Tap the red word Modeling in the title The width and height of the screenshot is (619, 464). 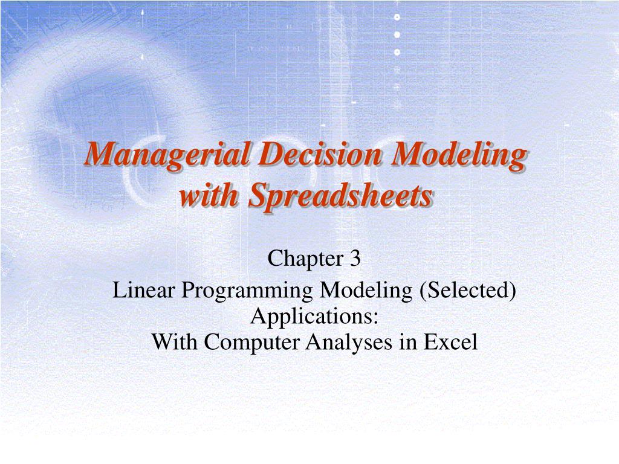[x=458, y=155]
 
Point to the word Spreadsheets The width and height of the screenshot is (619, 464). [x=341, y=196]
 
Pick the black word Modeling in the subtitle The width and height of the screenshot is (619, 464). [x=366, y=291]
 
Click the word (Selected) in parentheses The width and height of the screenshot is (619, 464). [x=467, y=291]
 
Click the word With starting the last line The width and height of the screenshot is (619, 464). [x=175, y=342]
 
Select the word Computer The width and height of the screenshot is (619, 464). [x=253, y=343]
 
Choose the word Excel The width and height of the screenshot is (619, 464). [x=450, y=342]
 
